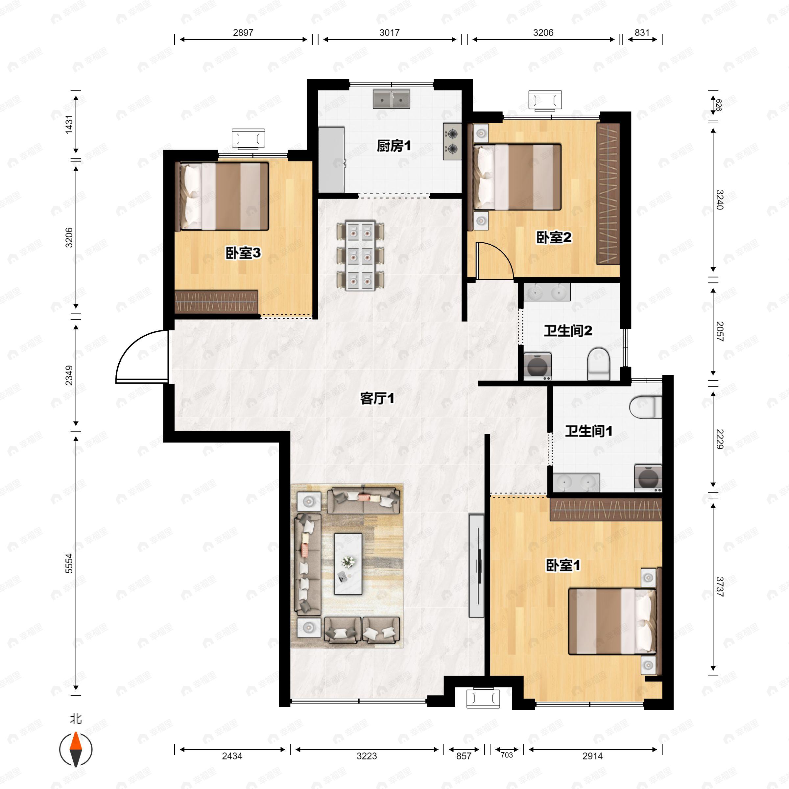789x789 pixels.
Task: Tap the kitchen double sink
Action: (x=391, y=99)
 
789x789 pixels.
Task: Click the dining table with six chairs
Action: (x=360, y=256)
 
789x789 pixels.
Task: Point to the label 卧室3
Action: (x=243, y=253)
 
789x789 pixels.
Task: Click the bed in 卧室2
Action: (x=517, y=177)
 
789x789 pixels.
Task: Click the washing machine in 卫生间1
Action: (x=648, y=477)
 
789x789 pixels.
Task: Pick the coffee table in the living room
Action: (x=348, y=563)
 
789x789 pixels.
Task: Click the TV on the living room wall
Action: (x=477, y=565)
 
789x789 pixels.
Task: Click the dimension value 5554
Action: (x=69, y=563)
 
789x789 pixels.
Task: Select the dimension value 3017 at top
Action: (x=389, y=33)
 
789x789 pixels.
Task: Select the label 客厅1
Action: (x=377, y=398)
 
